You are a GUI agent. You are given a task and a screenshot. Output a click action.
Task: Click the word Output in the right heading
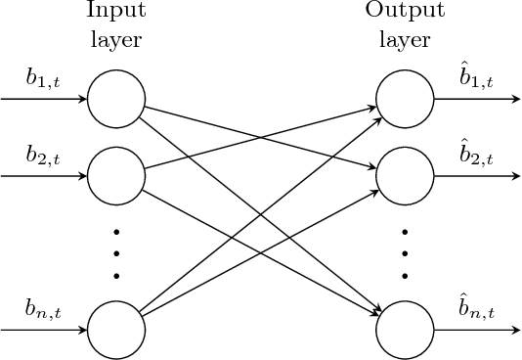[404, 13]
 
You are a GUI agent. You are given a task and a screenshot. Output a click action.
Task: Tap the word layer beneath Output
[404, 41]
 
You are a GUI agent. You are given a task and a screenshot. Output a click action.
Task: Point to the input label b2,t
[42, 157]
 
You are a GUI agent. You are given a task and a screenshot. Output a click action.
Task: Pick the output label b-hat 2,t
[476, 156]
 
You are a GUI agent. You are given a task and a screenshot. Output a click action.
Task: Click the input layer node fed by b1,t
[116, 100]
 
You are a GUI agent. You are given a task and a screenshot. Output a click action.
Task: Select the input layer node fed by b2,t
[116, 176]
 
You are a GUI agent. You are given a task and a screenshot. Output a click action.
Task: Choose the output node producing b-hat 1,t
[404, 100]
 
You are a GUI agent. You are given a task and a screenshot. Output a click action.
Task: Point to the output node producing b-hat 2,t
[404, 176]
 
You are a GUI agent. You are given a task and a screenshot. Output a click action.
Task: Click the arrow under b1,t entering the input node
[44, 100]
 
